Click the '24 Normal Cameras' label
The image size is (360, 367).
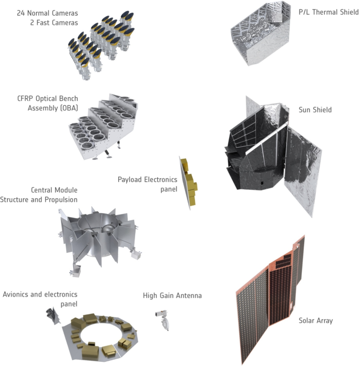[x=47, y=13]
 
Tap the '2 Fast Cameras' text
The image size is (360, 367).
[x=54, y=23]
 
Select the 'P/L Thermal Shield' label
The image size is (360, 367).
[x=328, y=12]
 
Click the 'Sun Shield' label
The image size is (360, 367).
[x=315, y=110]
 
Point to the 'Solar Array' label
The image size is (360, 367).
[x=315, y=320]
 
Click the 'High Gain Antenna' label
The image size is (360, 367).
[x=172, y=295]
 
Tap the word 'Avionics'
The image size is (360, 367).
[x=15, y=294]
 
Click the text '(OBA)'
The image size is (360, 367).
[x=69, y=108]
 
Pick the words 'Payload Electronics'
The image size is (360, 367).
[x=147, y=179]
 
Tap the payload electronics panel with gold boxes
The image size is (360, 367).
[x=189, y=183]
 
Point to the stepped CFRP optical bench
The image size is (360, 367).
[x=103, y=126]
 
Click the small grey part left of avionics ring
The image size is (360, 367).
[x=53, y=316]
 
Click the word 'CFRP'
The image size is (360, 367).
[x=26, y=98]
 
